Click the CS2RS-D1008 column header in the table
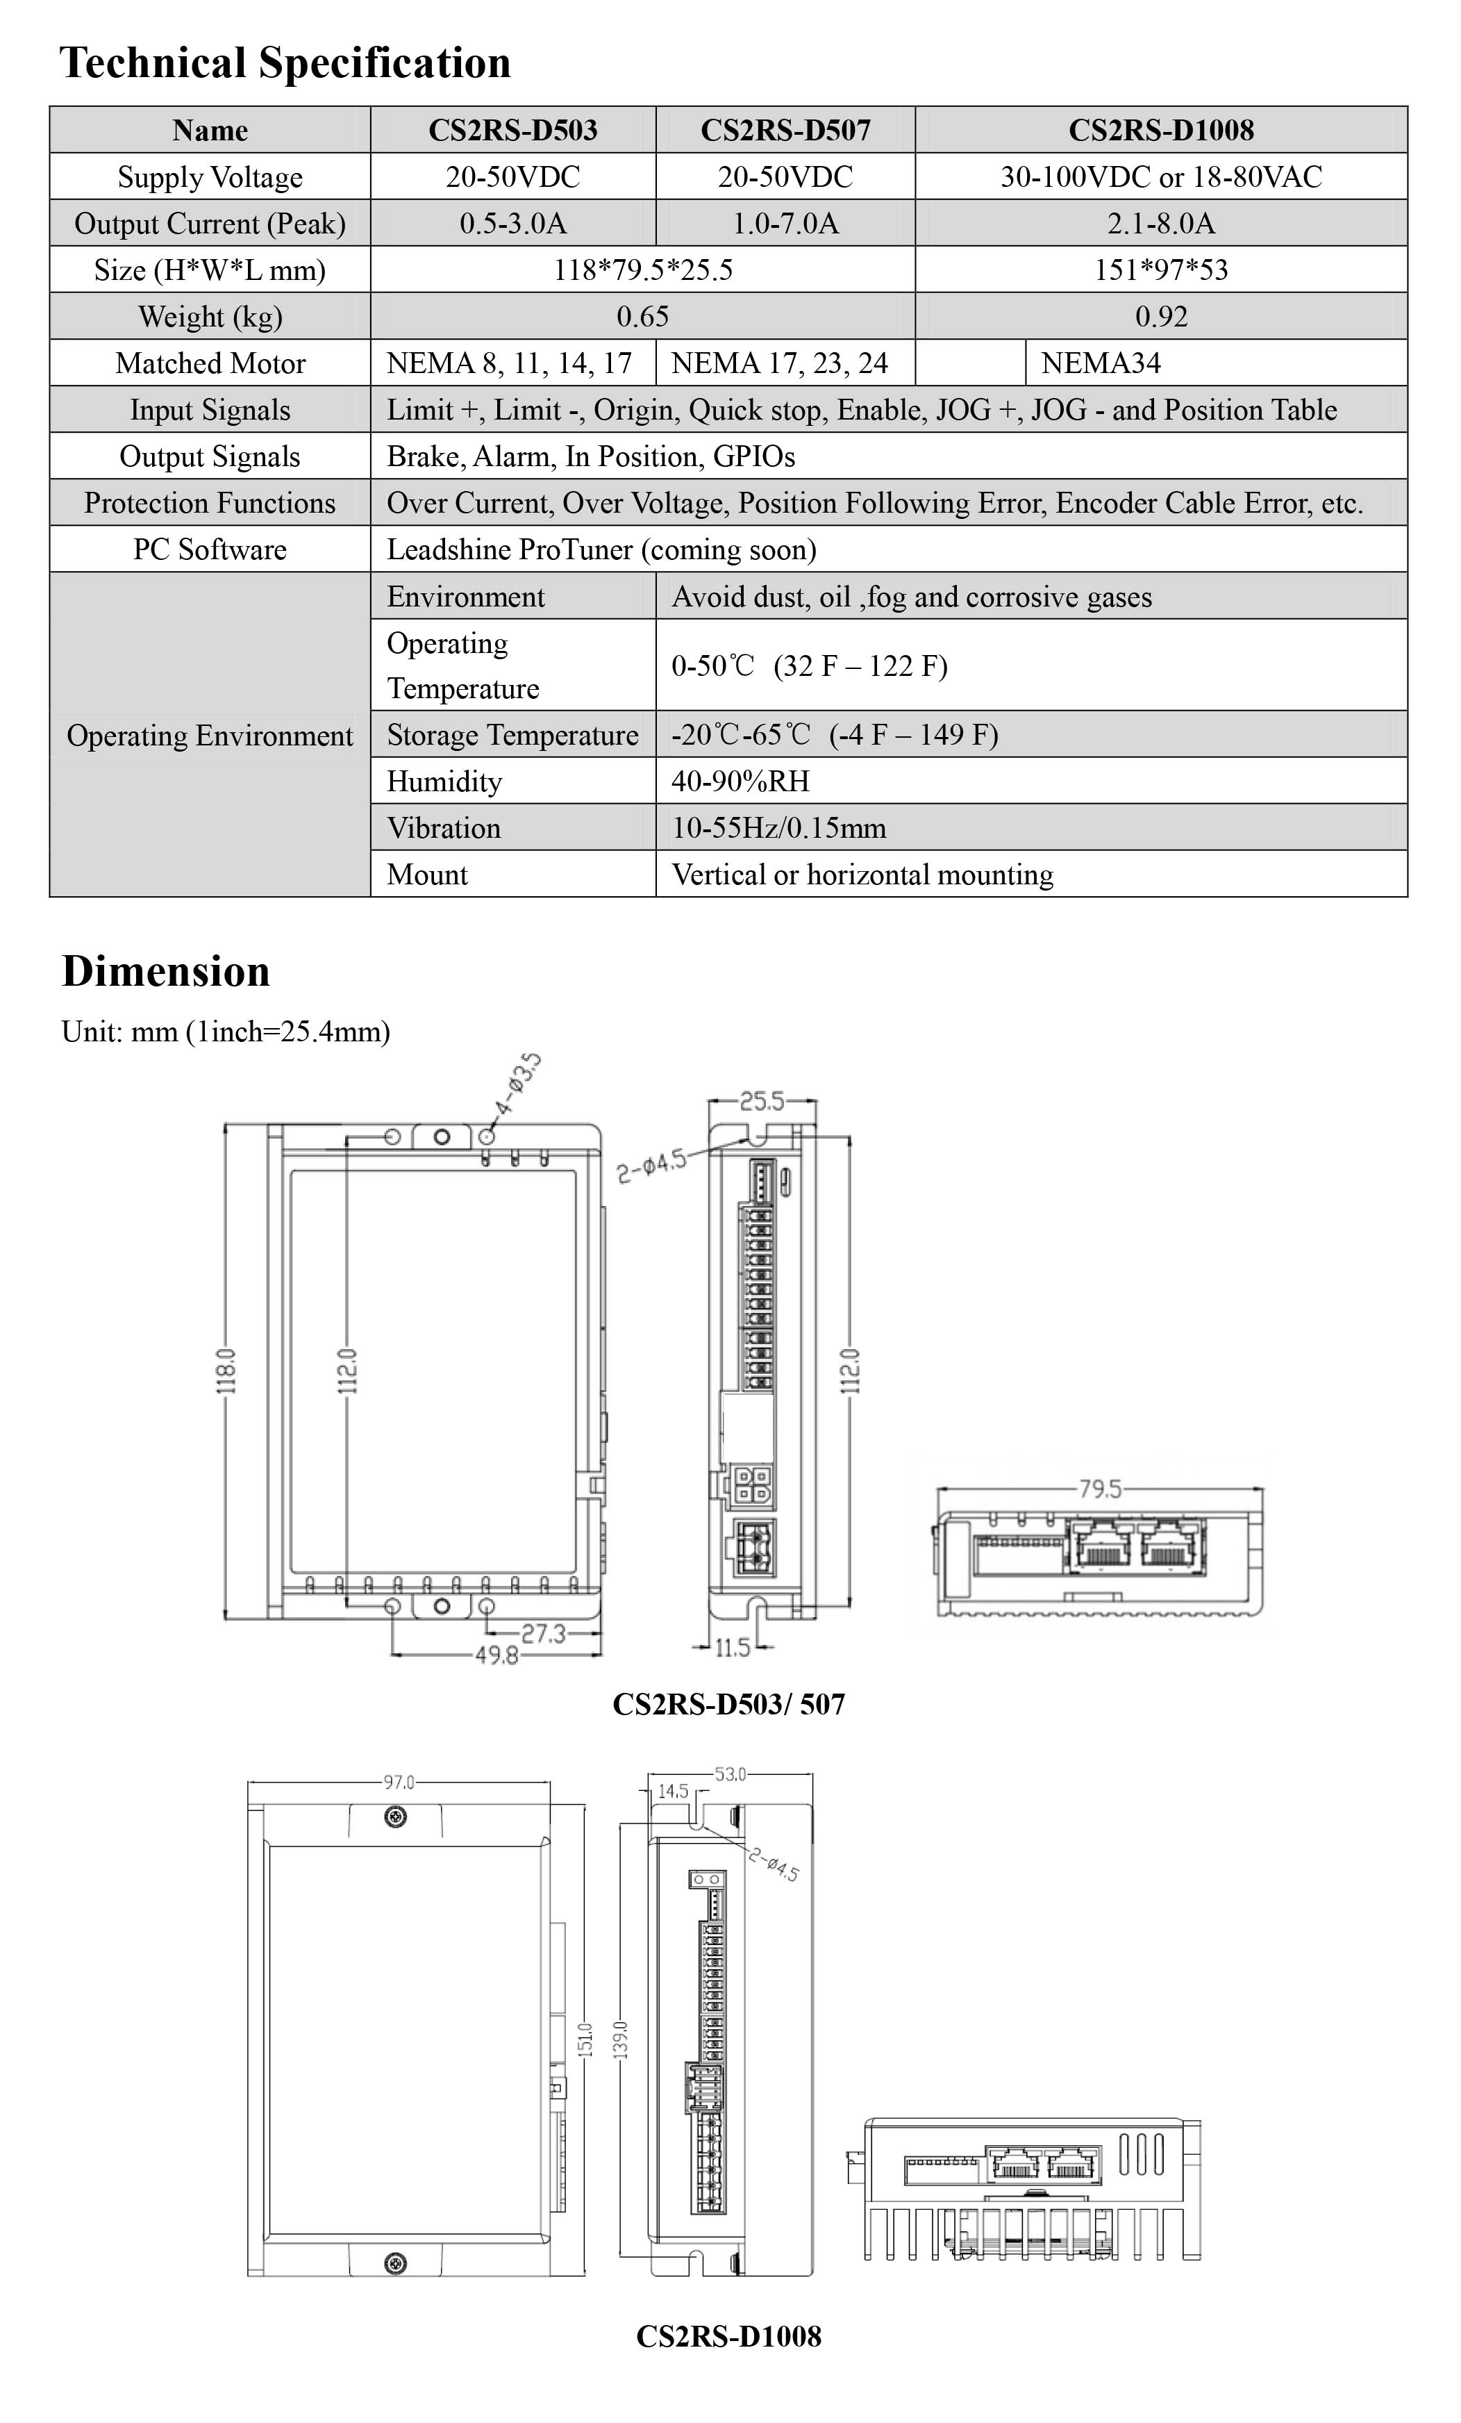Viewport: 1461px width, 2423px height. [1160, 130]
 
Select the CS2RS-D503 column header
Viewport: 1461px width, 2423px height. [512, 130]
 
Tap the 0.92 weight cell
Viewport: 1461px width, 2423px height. [1160, 317]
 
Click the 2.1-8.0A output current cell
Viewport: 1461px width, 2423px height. [1160, 223]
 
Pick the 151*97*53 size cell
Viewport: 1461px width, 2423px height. [1160, 270]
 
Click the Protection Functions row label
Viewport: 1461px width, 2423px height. [210, 502]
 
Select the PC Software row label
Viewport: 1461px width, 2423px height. [210, 549]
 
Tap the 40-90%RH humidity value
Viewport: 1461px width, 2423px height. [740, 781]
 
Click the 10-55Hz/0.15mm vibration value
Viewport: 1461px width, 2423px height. [778, 827]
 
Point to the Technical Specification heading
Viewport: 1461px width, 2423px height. [285, 63]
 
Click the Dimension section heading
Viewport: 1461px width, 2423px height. [165, 970]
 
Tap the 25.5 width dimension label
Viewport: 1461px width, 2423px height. [762, 1100]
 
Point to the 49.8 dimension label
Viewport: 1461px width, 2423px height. [496, 1656]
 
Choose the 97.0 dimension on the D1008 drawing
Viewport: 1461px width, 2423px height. [398, 1782]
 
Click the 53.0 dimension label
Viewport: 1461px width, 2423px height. [730, 1774]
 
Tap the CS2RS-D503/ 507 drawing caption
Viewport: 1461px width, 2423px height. [728, 1704]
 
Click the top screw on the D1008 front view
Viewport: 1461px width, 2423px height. [395, 1817]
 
